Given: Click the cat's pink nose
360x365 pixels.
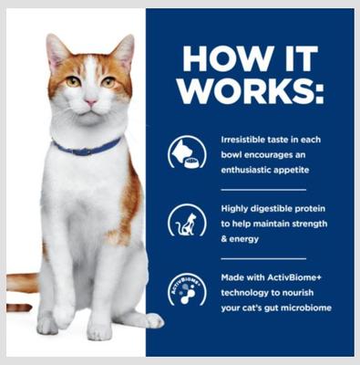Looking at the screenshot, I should [89, 102].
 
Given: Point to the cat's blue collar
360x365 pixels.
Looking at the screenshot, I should [87, 147].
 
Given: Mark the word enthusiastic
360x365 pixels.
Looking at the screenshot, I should [251, 171].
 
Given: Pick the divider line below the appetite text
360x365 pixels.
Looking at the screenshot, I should [263, 189].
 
